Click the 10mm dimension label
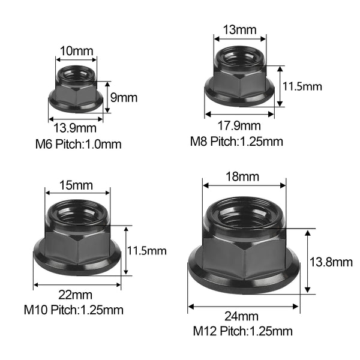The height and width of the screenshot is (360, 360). click(76, 51)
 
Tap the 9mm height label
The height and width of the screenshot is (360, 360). click(124, 98)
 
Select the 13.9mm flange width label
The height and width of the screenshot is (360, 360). click(75, 128)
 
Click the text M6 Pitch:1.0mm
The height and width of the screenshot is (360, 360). click(78, 145)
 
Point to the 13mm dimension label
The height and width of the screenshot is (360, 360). click(239, 30)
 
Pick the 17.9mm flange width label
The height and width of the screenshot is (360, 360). click(239, 126)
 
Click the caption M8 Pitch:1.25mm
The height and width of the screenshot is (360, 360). click(236, 142)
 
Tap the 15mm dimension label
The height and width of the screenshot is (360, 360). click(76, 185)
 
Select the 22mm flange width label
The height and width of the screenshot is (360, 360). click(75, 295)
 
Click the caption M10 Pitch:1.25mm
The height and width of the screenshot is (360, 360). click(73, 310)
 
